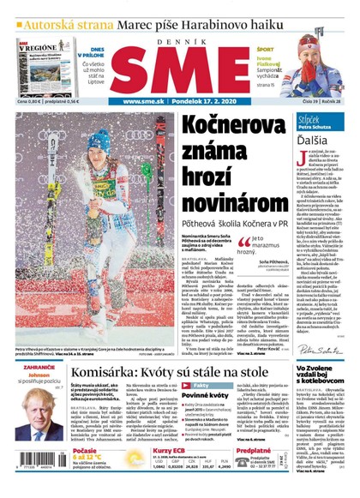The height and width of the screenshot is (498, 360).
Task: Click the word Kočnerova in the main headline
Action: [231, 128]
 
